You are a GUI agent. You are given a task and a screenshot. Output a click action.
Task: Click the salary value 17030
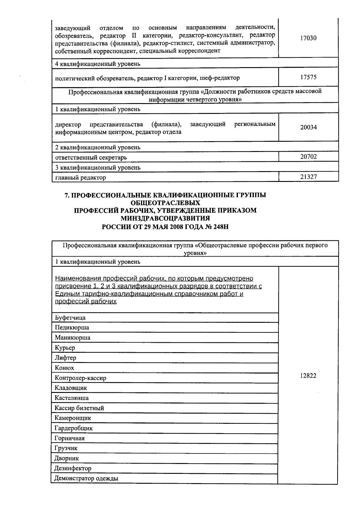tap(308, 38)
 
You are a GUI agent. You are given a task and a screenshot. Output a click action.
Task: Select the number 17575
tap(308, 77)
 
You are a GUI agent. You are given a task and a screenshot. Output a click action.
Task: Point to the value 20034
tap(308, 127)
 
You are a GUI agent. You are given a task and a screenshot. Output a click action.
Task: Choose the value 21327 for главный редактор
tap(308, 177)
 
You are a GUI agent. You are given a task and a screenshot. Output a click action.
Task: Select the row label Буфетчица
tap(70, 318)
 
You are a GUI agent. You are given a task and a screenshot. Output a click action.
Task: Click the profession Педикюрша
tap(72, 328)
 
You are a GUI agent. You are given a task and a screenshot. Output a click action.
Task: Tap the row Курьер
tap(65, 348)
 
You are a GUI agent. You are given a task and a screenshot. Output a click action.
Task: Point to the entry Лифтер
tap(65, 358)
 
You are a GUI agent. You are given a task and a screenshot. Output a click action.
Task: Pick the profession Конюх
tap(64, 368)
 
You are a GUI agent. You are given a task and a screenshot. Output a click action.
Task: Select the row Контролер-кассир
tap(80, 378)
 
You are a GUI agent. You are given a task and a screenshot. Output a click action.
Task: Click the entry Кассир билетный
tap(79, 408)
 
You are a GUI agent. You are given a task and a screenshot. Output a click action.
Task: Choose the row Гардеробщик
tap(73, 428)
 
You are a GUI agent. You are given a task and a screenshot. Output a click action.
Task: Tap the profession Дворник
tap(67, 458)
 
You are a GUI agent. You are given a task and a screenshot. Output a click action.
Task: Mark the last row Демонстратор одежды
tap(86, 478)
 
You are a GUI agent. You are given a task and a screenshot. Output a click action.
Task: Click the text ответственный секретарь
tap(91, 157)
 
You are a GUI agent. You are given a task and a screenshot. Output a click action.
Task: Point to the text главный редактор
tap(80, 177)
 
